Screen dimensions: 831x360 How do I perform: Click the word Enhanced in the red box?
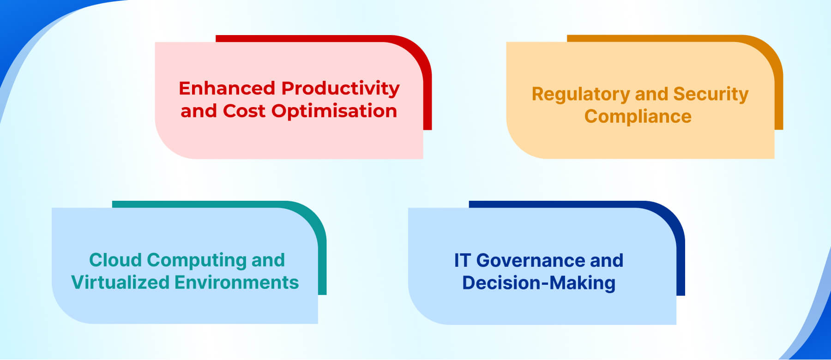(227, 88)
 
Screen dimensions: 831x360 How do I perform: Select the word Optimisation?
(334, 111)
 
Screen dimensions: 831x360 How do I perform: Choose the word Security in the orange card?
(711, 94)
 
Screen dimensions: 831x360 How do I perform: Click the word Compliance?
(638, 116)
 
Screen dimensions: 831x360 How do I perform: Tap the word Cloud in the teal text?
(115, 260)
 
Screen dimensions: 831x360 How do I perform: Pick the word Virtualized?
(120, 282)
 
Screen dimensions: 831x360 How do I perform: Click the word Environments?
(237, 282)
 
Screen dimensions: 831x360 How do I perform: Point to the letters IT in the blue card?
(462, 260)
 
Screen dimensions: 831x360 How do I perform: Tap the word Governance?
(530, 260)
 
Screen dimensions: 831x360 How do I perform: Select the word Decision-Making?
(539, 283)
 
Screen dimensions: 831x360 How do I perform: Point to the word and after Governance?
(607, 260)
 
